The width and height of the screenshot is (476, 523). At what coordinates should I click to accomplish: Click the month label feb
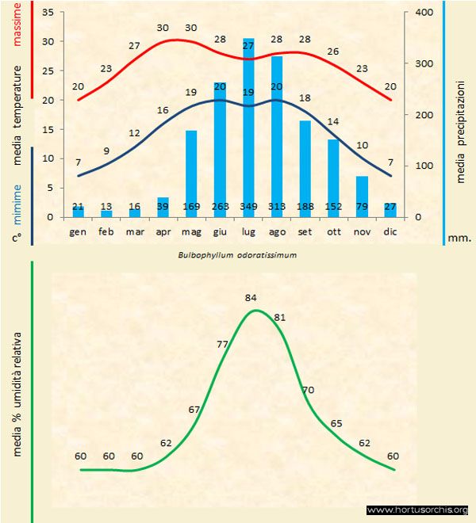[x=106, y=231]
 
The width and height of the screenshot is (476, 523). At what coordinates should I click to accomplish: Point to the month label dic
[x=390, y=231]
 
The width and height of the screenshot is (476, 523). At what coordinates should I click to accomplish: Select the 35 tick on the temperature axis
[x=47, y=13]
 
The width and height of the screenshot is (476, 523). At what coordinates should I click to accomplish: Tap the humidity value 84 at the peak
[x=252, y=298]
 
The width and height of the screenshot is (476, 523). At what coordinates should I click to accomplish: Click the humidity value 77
[x=223, y=344]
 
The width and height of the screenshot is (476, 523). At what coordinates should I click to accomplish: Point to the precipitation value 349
[x=248, y=208]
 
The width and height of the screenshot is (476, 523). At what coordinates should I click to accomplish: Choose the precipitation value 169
[x=191, y=208]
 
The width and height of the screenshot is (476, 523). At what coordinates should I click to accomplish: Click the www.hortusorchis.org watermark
[x=418, y=510]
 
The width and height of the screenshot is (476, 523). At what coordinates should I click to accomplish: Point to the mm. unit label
[x=459, y=235]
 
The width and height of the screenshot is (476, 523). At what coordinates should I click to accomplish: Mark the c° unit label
[x=17, y=235]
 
